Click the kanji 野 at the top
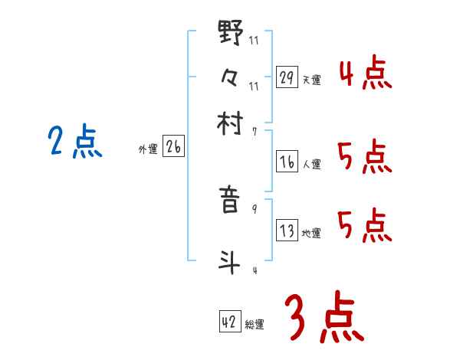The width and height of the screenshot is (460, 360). tap(231, 34)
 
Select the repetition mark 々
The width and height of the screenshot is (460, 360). tap(231, 77)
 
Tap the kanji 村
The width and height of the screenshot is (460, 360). tap(231, 122)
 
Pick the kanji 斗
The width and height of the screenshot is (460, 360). tap(231, 261)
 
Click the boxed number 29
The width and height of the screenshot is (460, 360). tap(287, 77)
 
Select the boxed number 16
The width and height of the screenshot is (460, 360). tap(287, 162)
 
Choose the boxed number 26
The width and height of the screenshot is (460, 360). tap(173, 148)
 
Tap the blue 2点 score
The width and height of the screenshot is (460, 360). tap(74, 142)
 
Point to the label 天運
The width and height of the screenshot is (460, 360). tap(312, 80)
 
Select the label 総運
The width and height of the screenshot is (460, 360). tap(255, 325)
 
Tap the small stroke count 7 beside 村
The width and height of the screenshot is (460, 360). tap(254, 131)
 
